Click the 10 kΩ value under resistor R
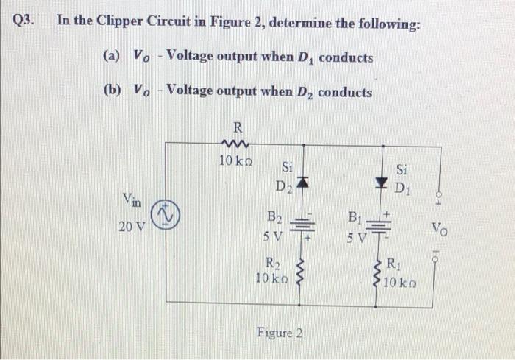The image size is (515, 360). click(236, 160)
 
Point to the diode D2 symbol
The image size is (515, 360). click(302, 180)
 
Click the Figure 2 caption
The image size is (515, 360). click(280, 333)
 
